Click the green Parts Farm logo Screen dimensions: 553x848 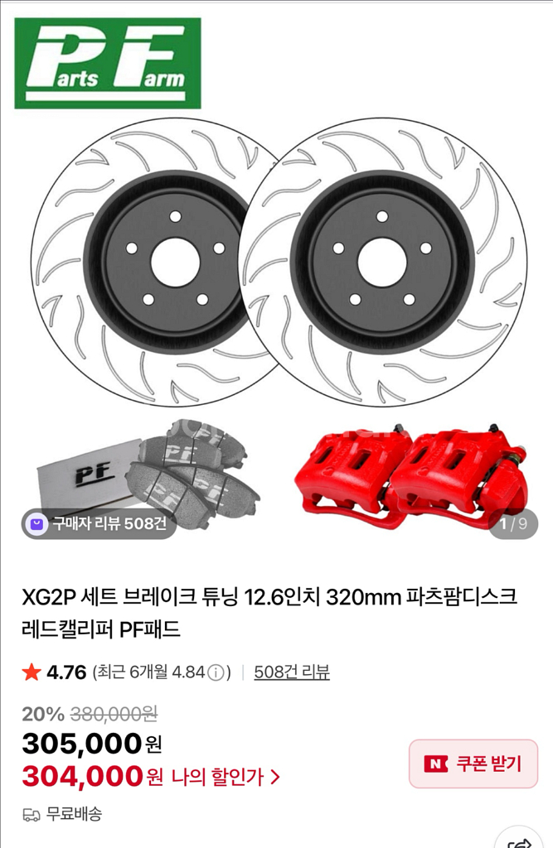[108, 63]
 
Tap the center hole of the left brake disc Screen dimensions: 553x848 [175, 263]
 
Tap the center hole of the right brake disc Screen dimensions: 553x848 [382, 263]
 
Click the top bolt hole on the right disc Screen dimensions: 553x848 [382, 217]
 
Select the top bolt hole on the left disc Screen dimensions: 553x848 [175, 217]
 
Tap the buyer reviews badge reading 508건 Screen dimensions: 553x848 [99, 523]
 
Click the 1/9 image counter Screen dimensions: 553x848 [513, 523]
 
